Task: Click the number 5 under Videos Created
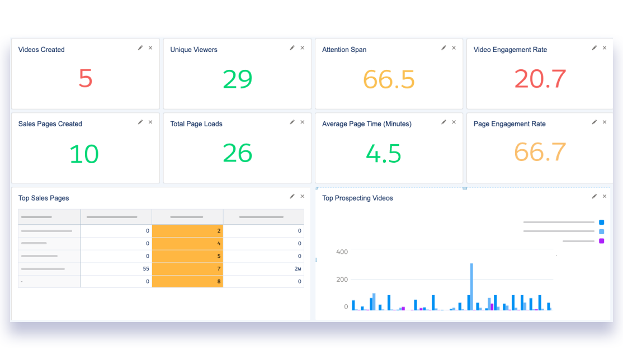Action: tap(85, 79)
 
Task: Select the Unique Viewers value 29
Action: tap(237, 79)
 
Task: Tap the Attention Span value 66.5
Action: tap(389, 79)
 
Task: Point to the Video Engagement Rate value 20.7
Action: tap(540, 79)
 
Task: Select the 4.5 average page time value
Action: tap(384, 154)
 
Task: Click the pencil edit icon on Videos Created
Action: tap(140, 48)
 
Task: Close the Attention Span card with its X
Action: tap(454, 48)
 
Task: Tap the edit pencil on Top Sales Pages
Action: tap(292, 196)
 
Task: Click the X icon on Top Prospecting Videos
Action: tap(604, 196)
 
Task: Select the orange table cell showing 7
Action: tap(188, 269)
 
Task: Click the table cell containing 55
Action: tap(116, 269)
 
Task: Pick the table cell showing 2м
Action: tap(264, 269)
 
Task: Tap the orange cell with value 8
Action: tap(188, 282)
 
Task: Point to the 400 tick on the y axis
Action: tap(342, 252)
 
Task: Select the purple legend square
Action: tap(601, 241)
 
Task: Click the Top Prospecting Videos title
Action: tap(357, 198)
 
